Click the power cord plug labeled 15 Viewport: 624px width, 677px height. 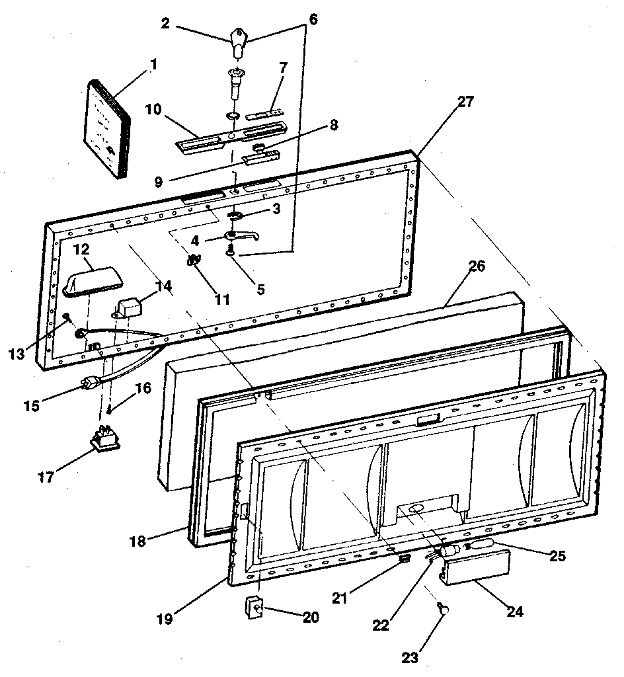[88, 382]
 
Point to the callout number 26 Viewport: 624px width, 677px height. [477, 267]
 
